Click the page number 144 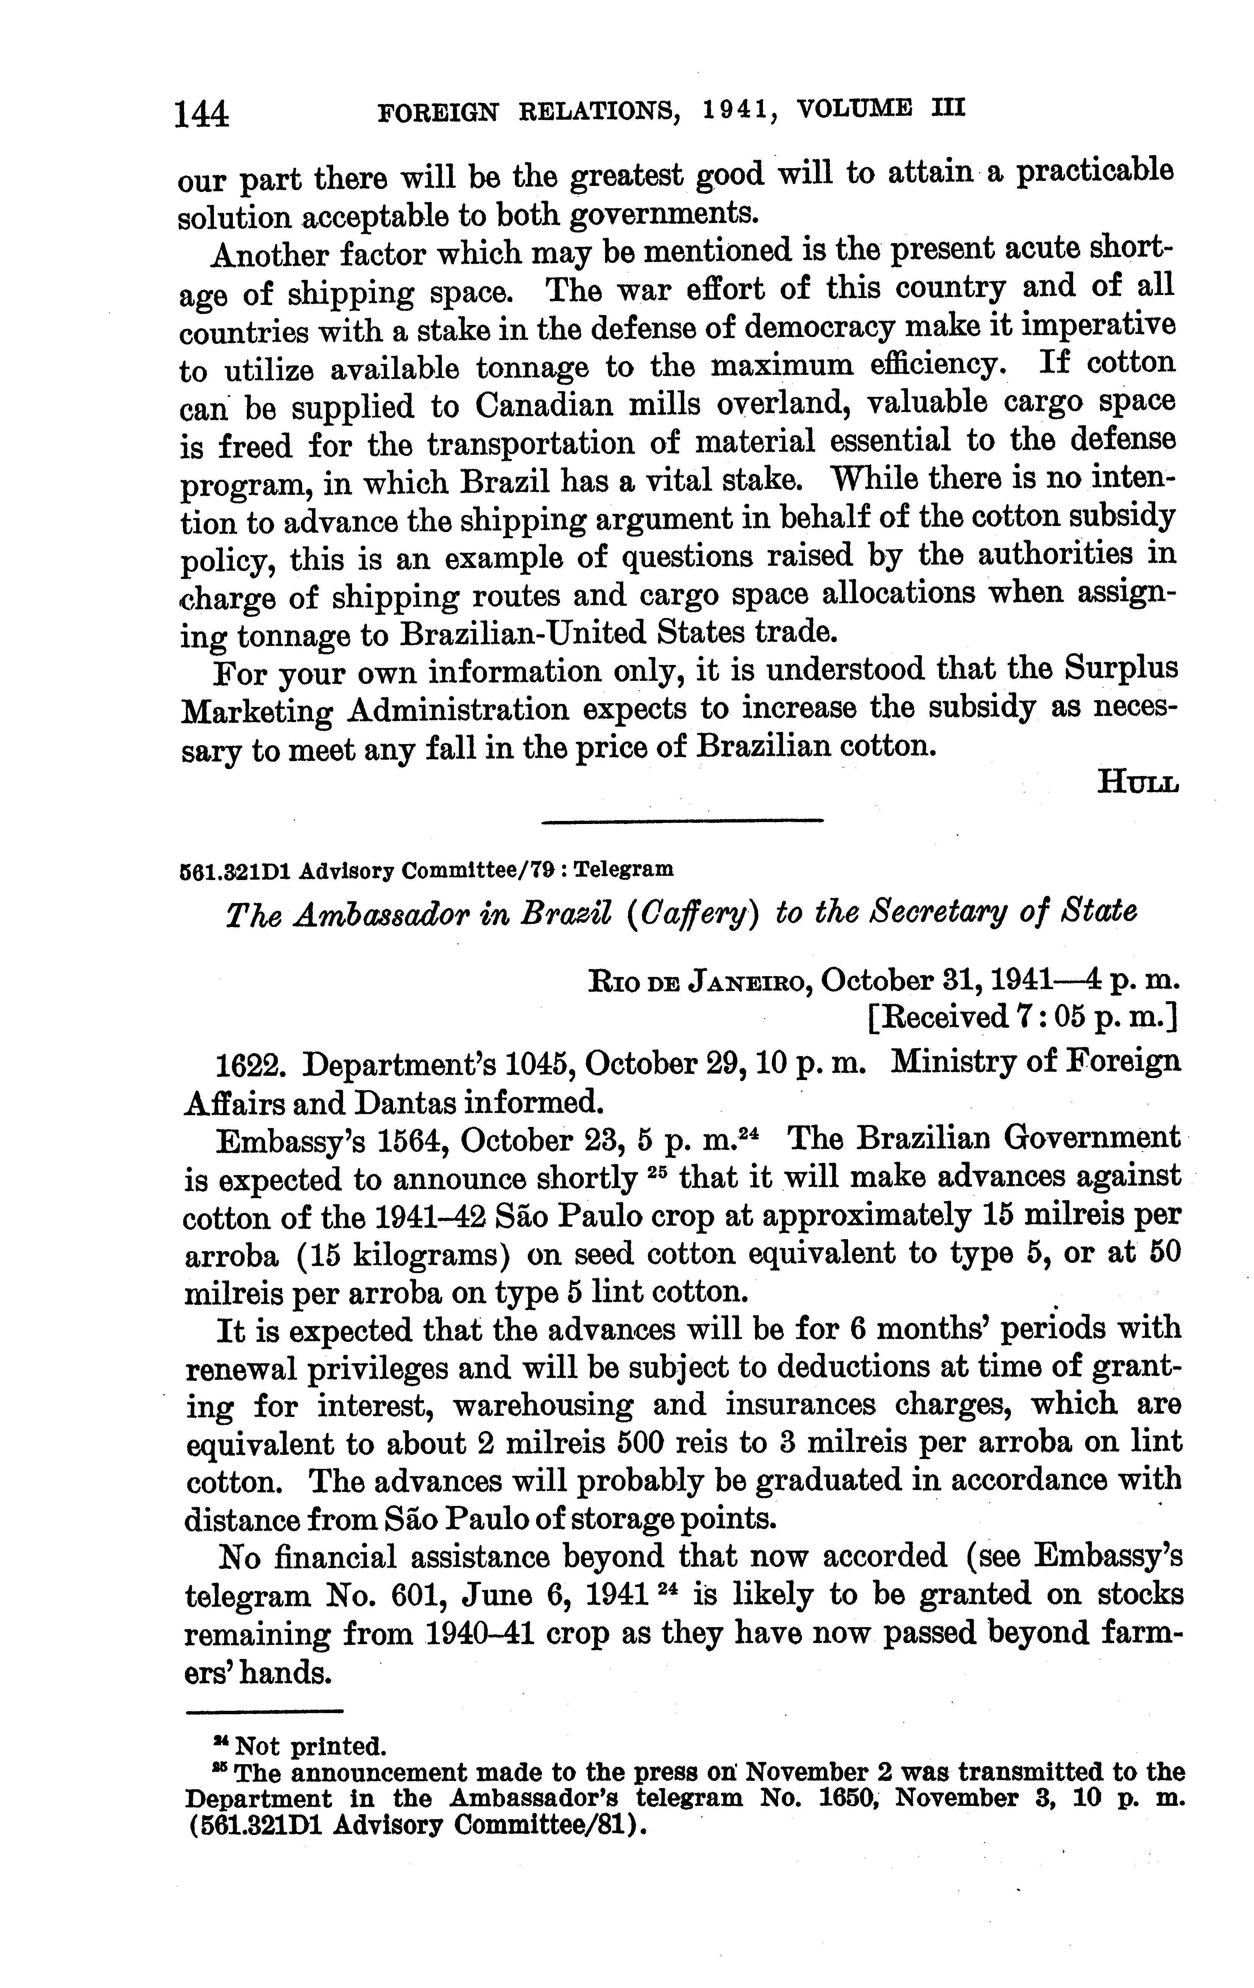click(201, 113)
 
